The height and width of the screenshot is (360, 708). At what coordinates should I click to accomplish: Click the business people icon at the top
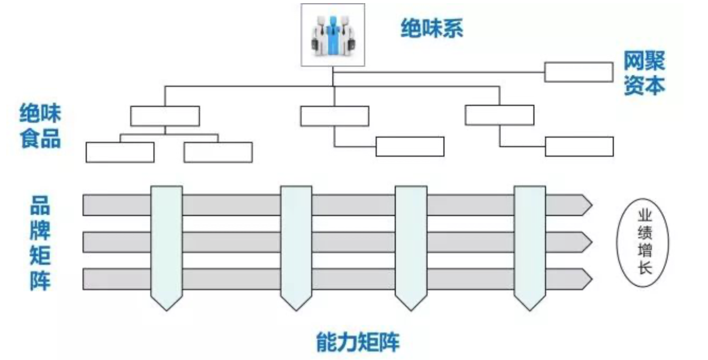click(333, 35)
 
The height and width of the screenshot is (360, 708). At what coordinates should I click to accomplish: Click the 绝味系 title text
click(432, 29)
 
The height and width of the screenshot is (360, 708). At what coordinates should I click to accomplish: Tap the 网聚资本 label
click(643, 74)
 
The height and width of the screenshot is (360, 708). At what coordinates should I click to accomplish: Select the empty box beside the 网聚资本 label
click(579, 72)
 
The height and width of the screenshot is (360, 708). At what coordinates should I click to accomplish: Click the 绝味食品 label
click(40, 126)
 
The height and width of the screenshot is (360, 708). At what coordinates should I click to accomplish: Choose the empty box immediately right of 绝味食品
click(165, 116)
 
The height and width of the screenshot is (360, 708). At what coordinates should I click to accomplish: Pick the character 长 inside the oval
click(645, 268)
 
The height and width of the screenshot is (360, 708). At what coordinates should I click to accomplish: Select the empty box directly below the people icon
click(334, 116)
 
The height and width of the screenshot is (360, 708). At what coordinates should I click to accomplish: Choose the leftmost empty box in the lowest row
click(120, 152)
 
